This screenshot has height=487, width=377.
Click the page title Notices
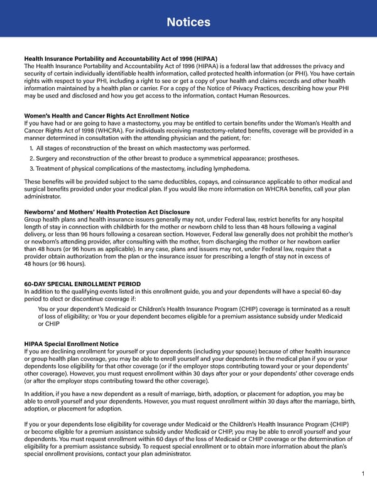pyautogui.click(x=188, y=23)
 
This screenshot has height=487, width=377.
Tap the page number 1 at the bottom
pyautogui.click(x=364, y=474)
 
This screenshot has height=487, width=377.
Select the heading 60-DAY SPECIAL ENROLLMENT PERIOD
pyautogui.click(x=82, y=284)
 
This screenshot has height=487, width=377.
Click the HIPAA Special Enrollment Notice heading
pyautogui.click(x=71, y=344)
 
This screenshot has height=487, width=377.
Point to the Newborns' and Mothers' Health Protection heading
pyautogui.click(x=106, y=211)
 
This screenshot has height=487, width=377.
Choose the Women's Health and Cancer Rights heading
pyautogui.click(x=106, y=115)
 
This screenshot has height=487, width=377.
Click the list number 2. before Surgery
pyautogui.click(x=32, y=158)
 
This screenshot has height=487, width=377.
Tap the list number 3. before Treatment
pyautogui.click(x=32, y=168)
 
